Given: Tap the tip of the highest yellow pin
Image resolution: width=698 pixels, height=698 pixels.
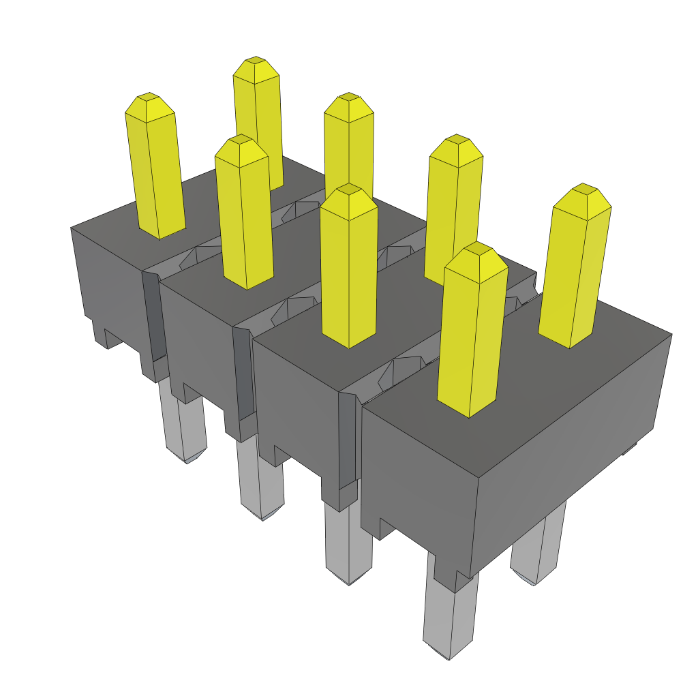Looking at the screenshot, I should tap(256, 61).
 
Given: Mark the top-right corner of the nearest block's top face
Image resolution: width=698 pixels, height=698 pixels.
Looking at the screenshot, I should tap(671, 334).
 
